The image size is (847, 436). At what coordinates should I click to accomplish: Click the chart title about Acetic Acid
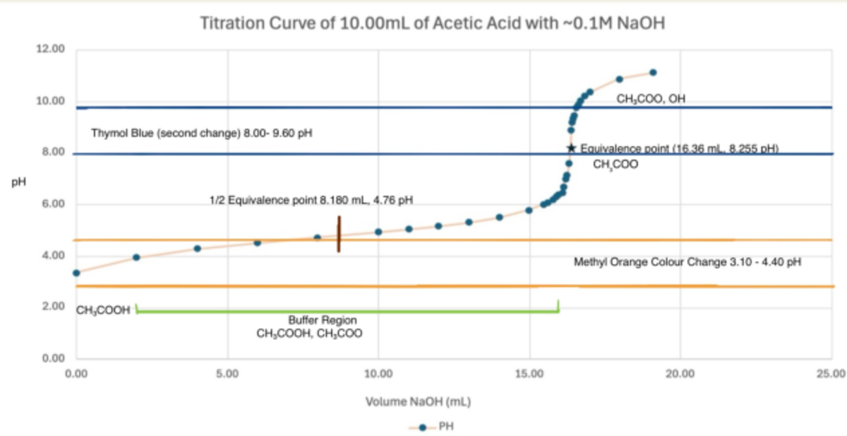pyautogui.click(x=433, y=23)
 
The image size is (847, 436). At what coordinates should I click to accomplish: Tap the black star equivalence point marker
pyautogui.click(x=571, y=148)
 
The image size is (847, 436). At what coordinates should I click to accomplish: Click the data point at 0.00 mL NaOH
pyautogui.click(x=76, y=273)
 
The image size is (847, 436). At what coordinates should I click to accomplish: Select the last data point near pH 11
pyautogui.click(x=653, y=72)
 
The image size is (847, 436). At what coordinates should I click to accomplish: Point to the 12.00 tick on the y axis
pyautogui.click(x=50, y=49)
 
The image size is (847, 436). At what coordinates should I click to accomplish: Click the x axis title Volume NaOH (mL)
pyautogui.click(x=418, y=402)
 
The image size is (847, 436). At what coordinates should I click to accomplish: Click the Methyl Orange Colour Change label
pyautogui.click(x=687, y=262)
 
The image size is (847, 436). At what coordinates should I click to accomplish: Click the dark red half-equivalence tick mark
pyautogui.click(x=339, y=234)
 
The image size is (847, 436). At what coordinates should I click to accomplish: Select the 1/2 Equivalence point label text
pyautogui.click(x=311, y=201)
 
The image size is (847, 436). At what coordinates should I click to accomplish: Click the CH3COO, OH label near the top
pyautogui.click(x=650, y=100)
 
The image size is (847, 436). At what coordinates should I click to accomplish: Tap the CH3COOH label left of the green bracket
pyautogui.click(x=104, y=310)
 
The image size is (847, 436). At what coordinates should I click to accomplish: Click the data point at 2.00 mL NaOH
pyautogui.click(x=136, y=257)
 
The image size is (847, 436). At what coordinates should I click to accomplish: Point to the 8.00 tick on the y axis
pyautogui.click(x=50, y=153)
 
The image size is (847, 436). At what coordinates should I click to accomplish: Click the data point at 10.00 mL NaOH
pyautogui.click(x=378, y=232)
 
